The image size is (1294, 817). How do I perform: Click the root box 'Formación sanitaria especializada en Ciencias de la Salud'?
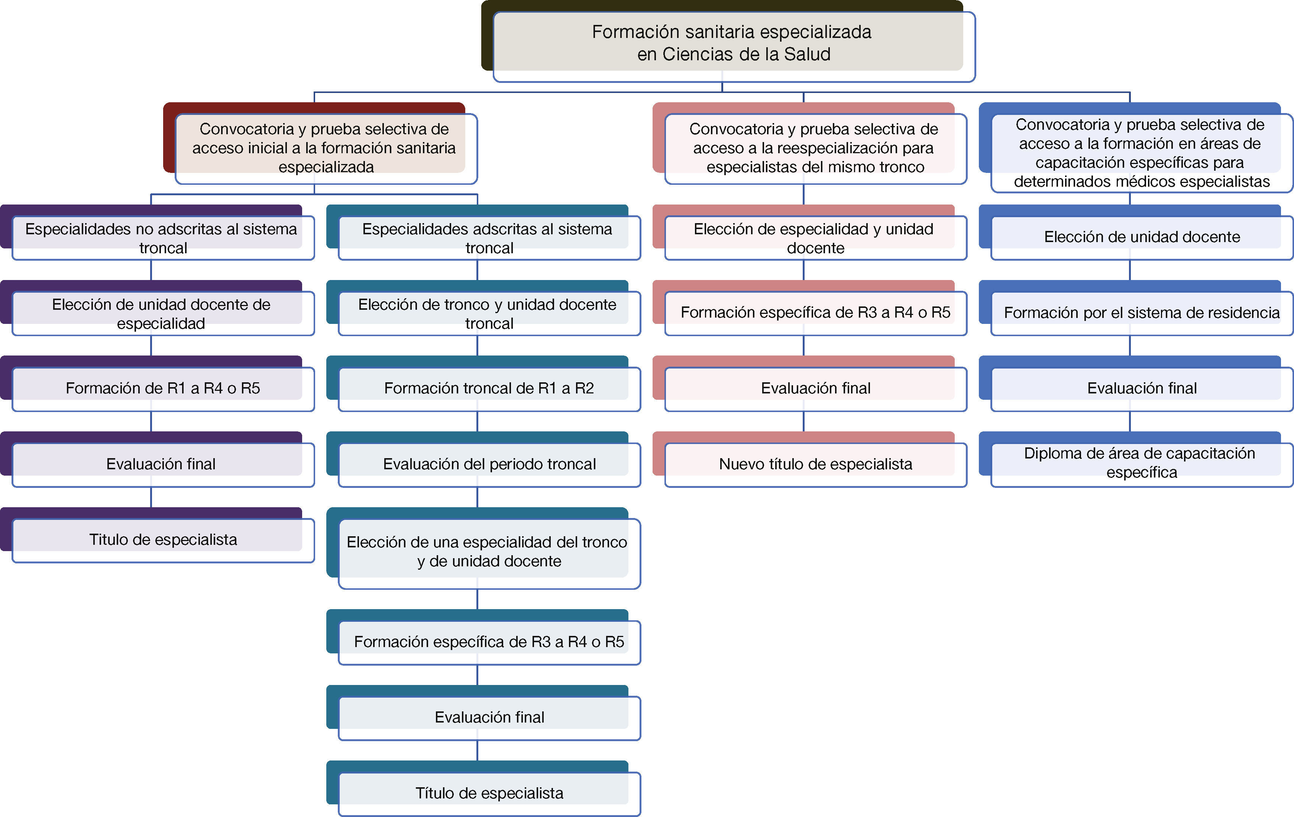click(733, 43)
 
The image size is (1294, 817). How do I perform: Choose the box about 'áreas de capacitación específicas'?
click(1141, 153)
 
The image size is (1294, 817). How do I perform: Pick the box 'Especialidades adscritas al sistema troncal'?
click(488, 238)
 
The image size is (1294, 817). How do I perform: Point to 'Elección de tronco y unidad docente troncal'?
click(488, 313)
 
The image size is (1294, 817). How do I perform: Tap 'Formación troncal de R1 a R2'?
click(488, 388)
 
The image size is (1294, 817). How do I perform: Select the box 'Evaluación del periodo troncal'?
click(488, 464)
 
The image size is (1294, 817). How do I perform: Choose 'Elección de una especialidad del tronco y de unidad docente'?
click(488, 552)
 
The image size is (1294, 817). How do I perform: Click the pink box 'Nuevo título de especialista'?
click(815, 464)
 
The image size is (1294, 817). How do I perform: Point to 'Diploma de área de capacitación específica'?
click(1141, 463)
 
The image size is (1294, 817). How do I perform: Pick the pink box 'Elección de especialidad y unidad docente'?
click(815, 238)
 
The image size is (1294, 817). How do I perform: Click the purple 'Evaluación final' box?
click(161, 464)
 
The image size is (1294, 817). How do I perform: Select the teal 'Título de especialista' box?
click(488, 793)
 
